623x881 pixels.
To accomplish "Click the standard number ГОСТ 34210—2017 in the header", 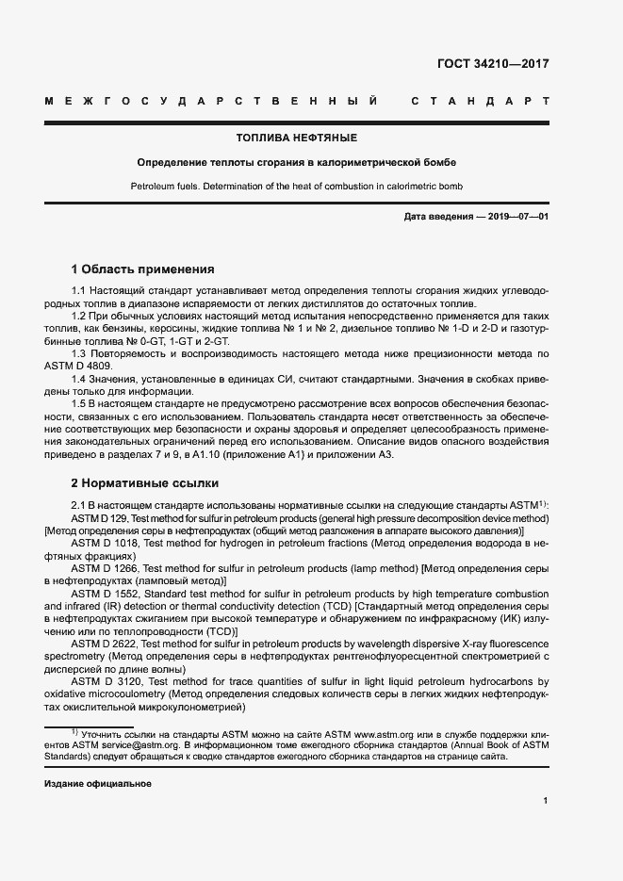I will pos(493,65).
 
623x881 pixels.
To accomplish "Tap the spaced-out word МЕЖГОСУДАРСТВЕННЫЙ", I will pos(212,100).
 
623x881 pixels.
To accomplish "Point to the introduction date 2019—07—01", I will pos(516,218).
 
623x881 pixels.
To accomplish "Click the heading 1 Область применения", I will pos(143,269).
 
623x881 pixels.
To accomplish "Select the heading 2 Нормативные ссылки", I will pos(145,483).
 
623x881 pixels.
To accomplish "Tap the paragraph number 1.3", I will pos(80,351).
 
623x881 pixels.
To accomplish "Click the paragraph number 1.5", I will pos(80,403).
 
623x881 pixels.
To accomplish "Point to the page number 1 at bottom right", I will pos(546,800).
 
